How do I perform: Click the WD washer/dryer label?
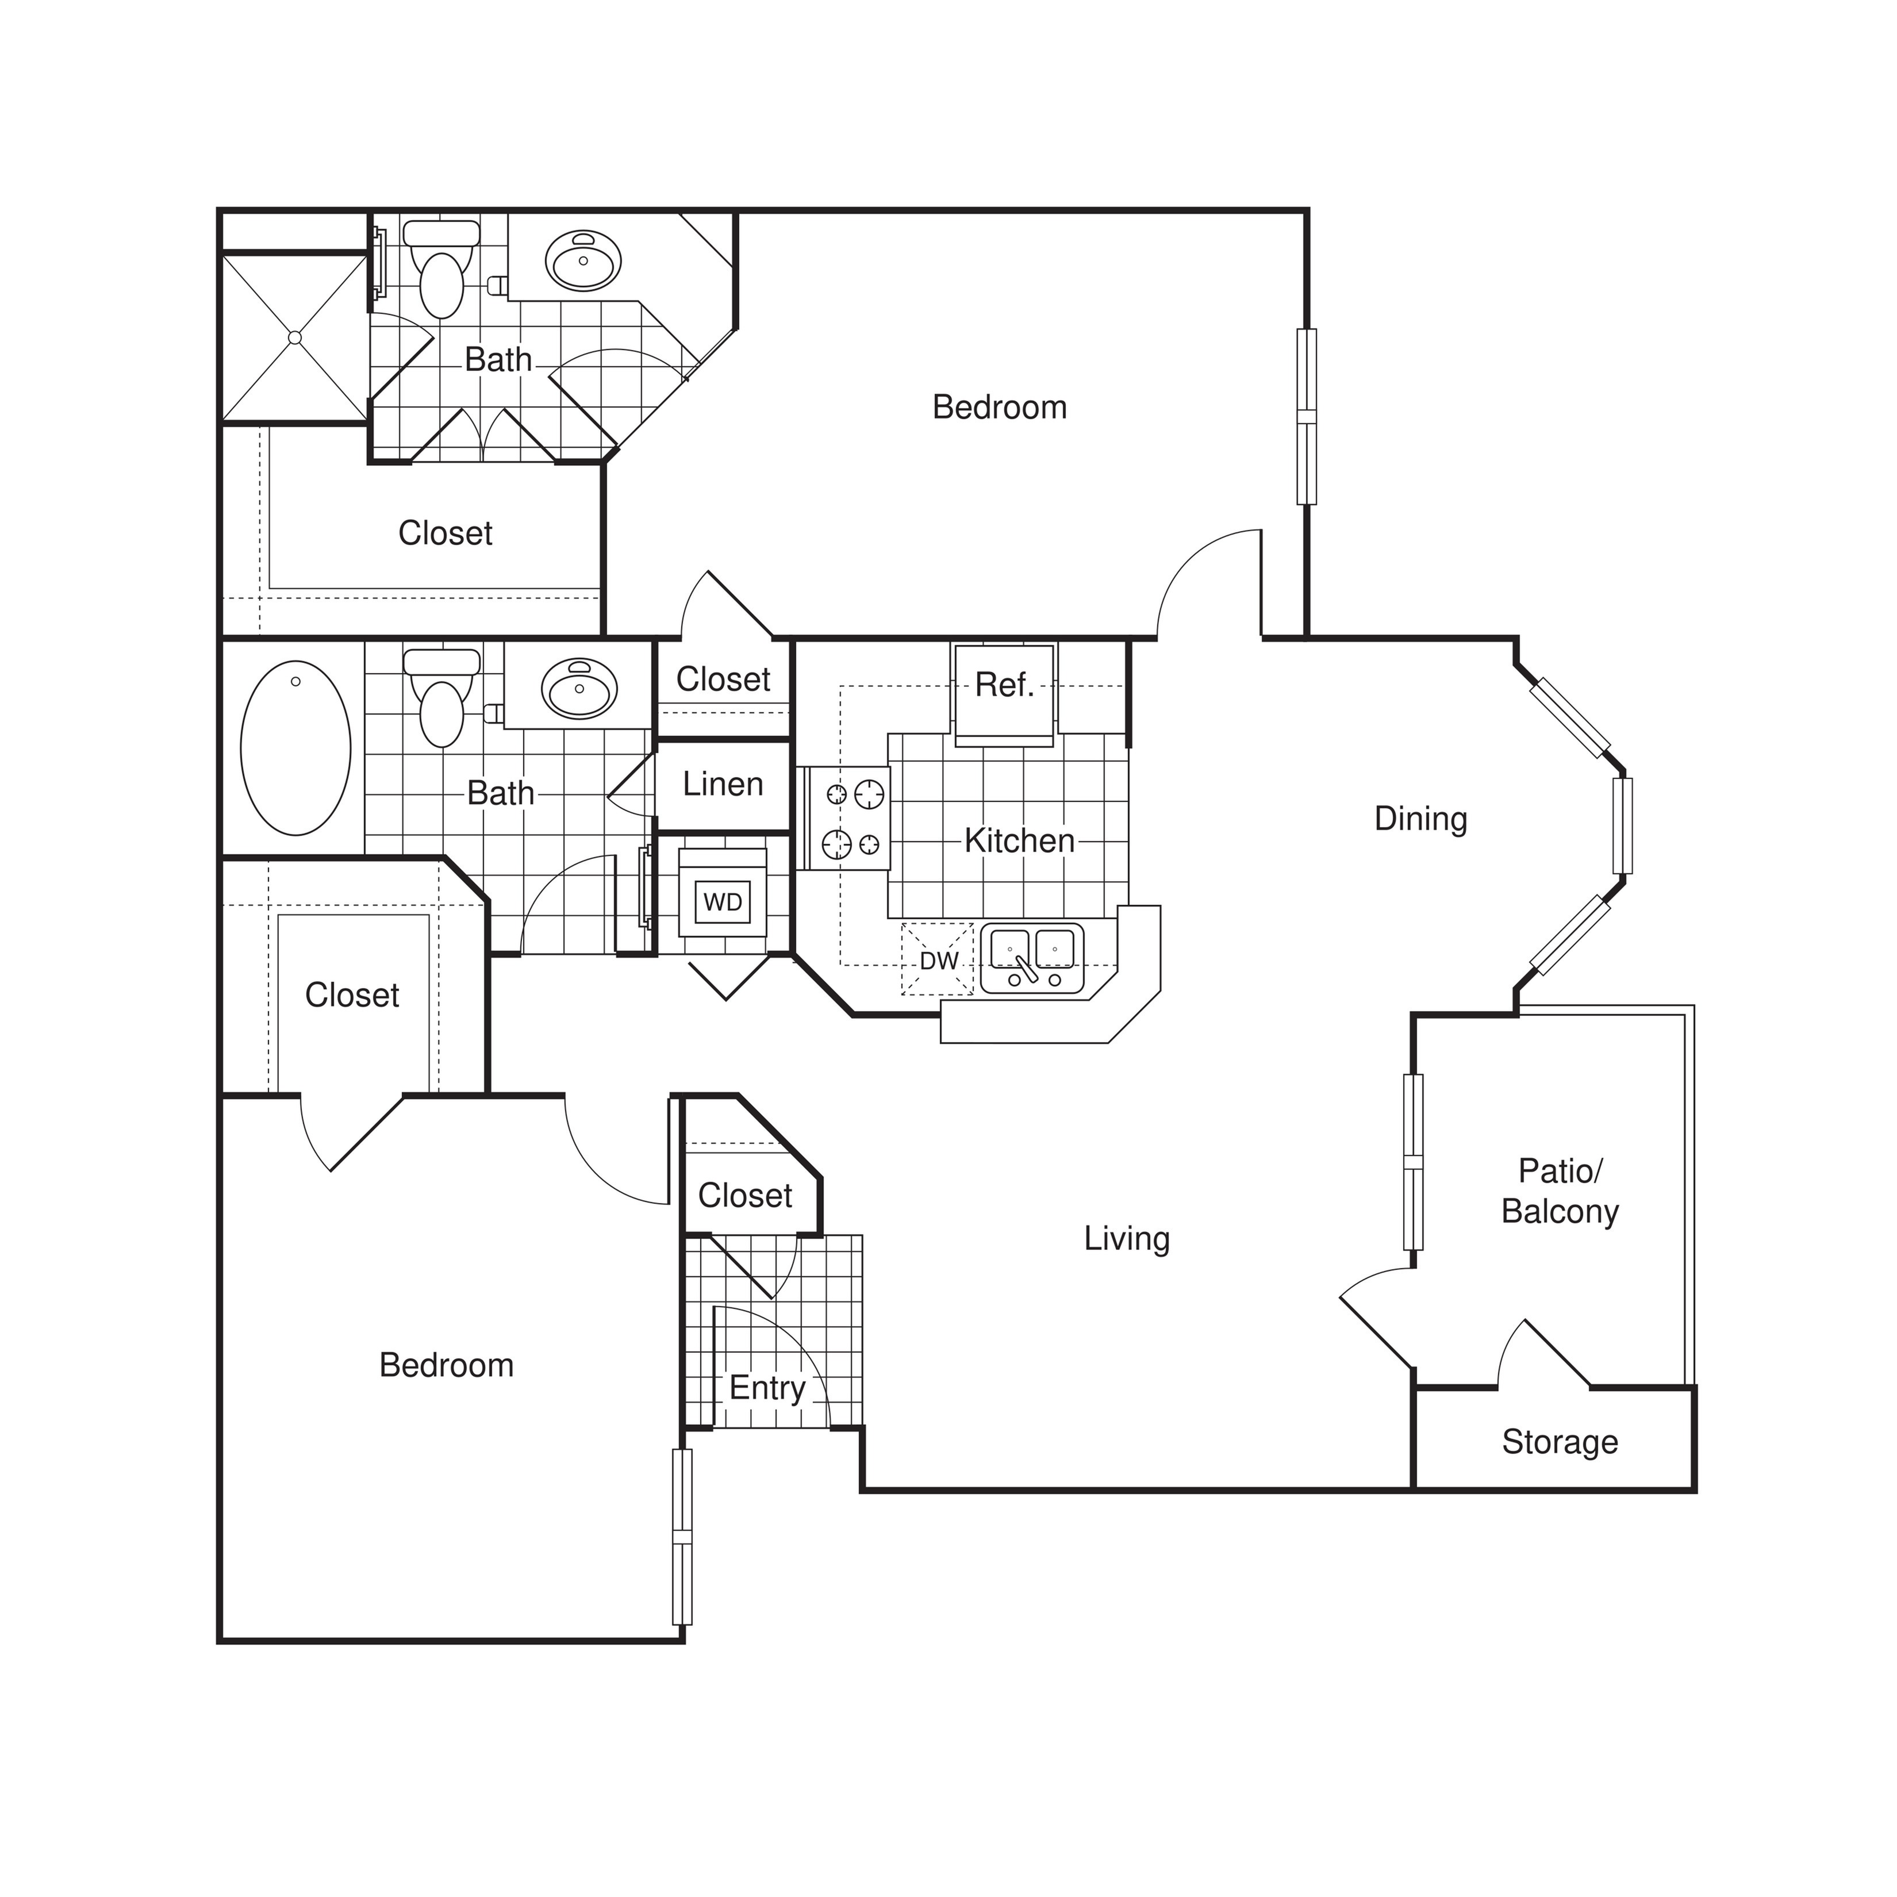point(723,903)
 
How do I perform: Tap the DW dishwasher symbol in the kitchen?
point(938,960)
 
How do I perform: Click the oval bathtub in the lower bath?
point(295,748)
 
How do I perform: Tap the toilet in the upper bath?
point(441,270)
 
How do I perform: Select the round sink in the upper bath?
point(583,261)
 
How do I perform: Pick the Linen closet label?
point(723,785)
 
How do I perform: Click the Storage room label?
point(1559,1442)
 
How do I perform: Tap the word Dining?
point(1420,819)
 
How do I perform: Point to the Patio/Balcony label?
point(1559,1191)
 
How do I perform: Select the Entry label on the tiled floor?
point(767,1388)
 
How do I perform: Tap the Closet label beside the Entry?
point(744,1196)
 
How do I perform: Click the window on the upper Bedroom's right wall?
point(1306,416)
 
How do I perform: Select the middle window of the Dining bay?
point(1622,825)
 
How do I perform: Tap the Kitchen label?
point(1019,840)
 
